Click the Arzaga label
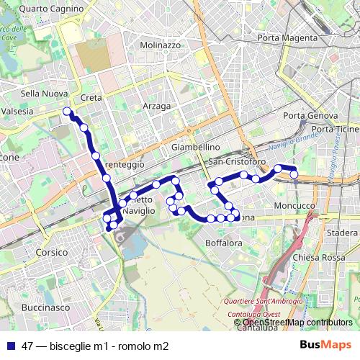157,106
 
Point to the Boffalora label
224,243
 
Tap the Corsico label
51,253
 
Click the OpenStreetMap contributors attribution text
297,323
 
